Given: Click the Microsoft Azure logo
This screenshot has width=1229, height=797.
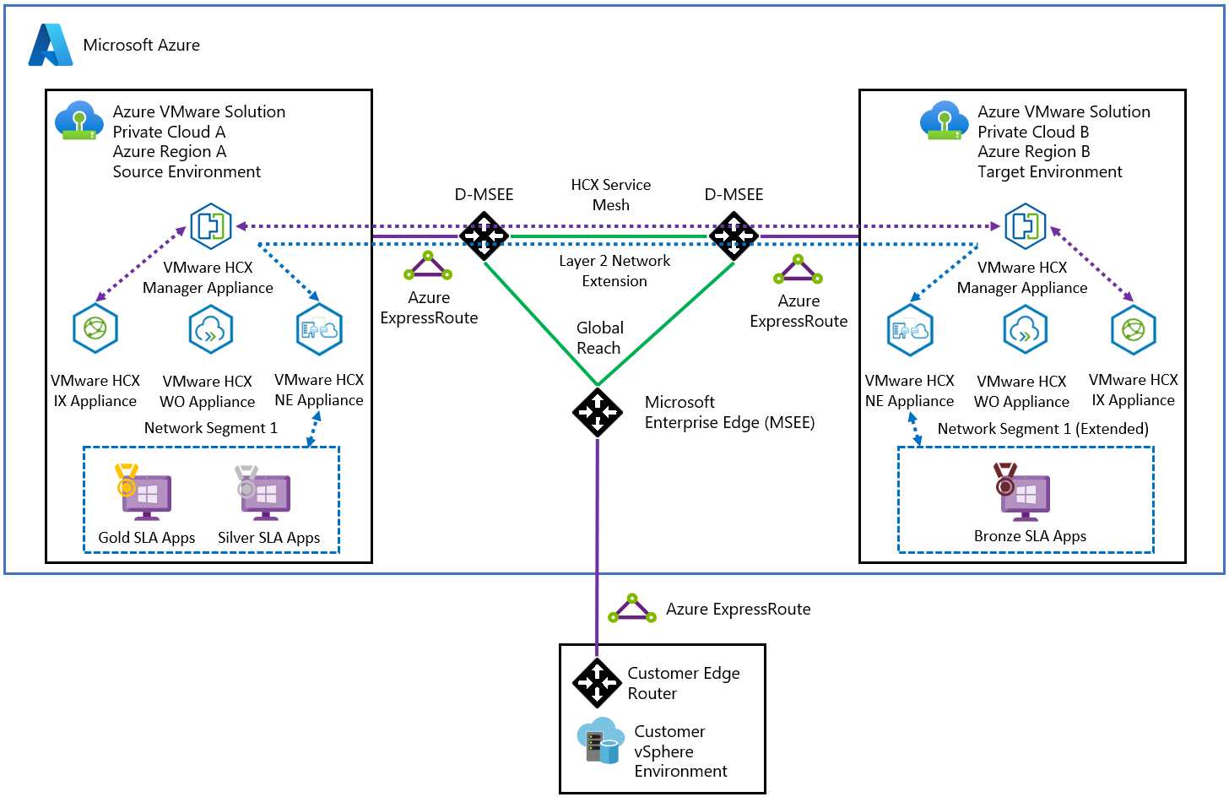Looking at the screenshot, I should (x=50, y=45).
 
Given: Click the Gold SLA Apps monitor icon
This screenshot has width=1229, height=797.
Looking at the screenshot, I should (x=146, y=494).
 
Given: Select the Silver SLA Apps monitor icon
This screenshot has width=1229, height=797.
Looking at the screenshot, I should (x=265, y=494).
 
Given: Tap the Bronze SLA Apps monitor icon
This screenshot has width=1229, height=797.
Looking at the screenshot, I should (x=1025, y=493).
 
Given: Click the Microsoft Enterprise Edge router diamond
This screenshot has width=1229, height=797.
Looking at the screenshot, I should (x=598, y=411).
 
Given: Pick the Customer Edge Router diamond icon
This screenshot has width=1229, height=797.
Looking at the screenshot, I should (x=598, y=682).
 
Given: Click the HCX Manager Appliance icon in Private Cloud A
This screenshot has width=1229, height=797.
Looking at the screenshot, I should (x=210, y=226).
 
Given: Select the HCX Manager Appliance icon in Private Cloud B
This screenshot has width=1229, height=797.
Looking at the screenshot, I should (x=1025, y=226).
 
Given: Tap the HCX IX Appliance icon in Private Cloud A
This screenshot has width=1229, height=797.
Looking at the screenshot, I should (x=95, y=328).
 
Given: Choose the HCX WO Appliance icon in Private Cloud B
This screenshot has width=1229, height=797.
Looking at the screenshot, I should (x=1025, y=329).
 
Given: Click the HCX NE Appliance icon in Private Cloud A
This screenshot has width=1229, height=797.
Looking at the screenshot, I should (x=319, y=329).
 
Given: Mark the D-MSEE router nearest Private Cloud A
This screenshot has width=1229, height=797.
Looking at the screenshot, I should (x=485, y=236).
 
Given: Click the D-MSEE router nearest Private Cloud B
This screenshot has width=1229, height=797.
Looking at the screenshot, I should (x=734, y=236).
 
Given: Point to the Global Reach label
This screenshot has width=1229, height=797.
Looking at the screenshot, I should (x=599, y=338).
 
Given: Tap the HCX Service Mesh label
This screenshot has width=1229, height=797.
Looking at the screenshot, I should (x=610, y=195).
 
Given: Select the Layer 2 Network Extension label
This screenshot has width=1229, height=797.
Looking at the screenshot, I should (x=614, y=271).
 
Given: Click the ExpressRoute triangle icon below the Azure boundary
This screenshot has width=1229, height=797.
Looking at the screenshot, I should (x=631, y=609).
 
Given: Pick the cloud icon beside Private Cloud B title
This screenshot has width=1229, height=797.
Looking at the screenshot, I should (x=944, y=121).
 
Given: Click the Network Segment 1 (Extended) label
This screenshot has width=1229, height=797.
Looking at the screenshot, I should (x=1042, y=429).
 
